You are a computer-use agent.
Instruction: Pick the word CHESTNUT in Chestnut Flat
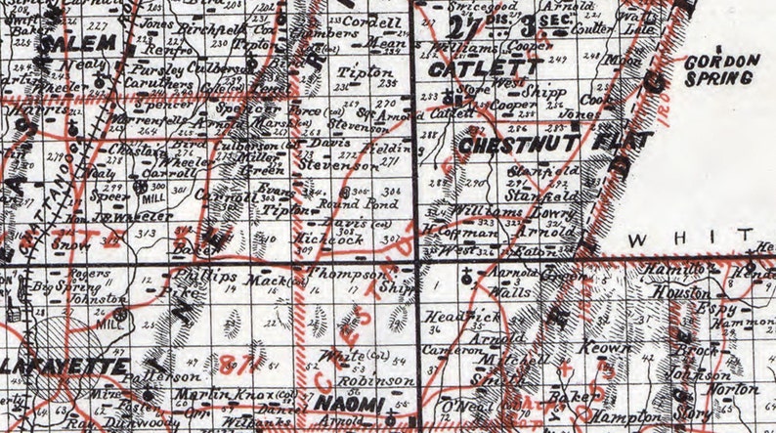(508, 143)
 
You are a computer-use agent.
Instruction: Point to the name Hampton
(610, 415)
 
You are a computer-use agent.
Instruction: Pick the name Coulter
(593, 27)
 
